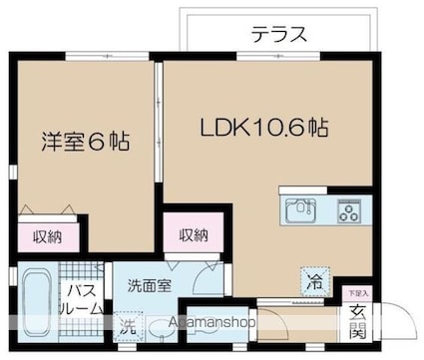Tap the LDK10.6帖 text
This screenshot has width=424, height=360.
click(265, 129)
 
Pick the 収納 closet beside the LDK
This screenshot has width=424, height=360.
click(194, 235)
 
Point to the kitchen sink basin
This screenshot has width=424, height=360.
click(300, 210)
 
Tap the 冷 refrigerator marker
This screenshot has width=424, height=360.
click(314, 282)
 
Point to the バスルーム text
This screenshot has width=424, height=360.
click(83, 299)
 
